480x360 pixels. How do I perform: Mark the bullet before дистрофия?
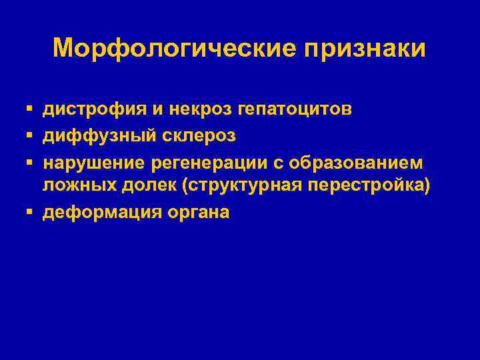coord(31,108)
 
